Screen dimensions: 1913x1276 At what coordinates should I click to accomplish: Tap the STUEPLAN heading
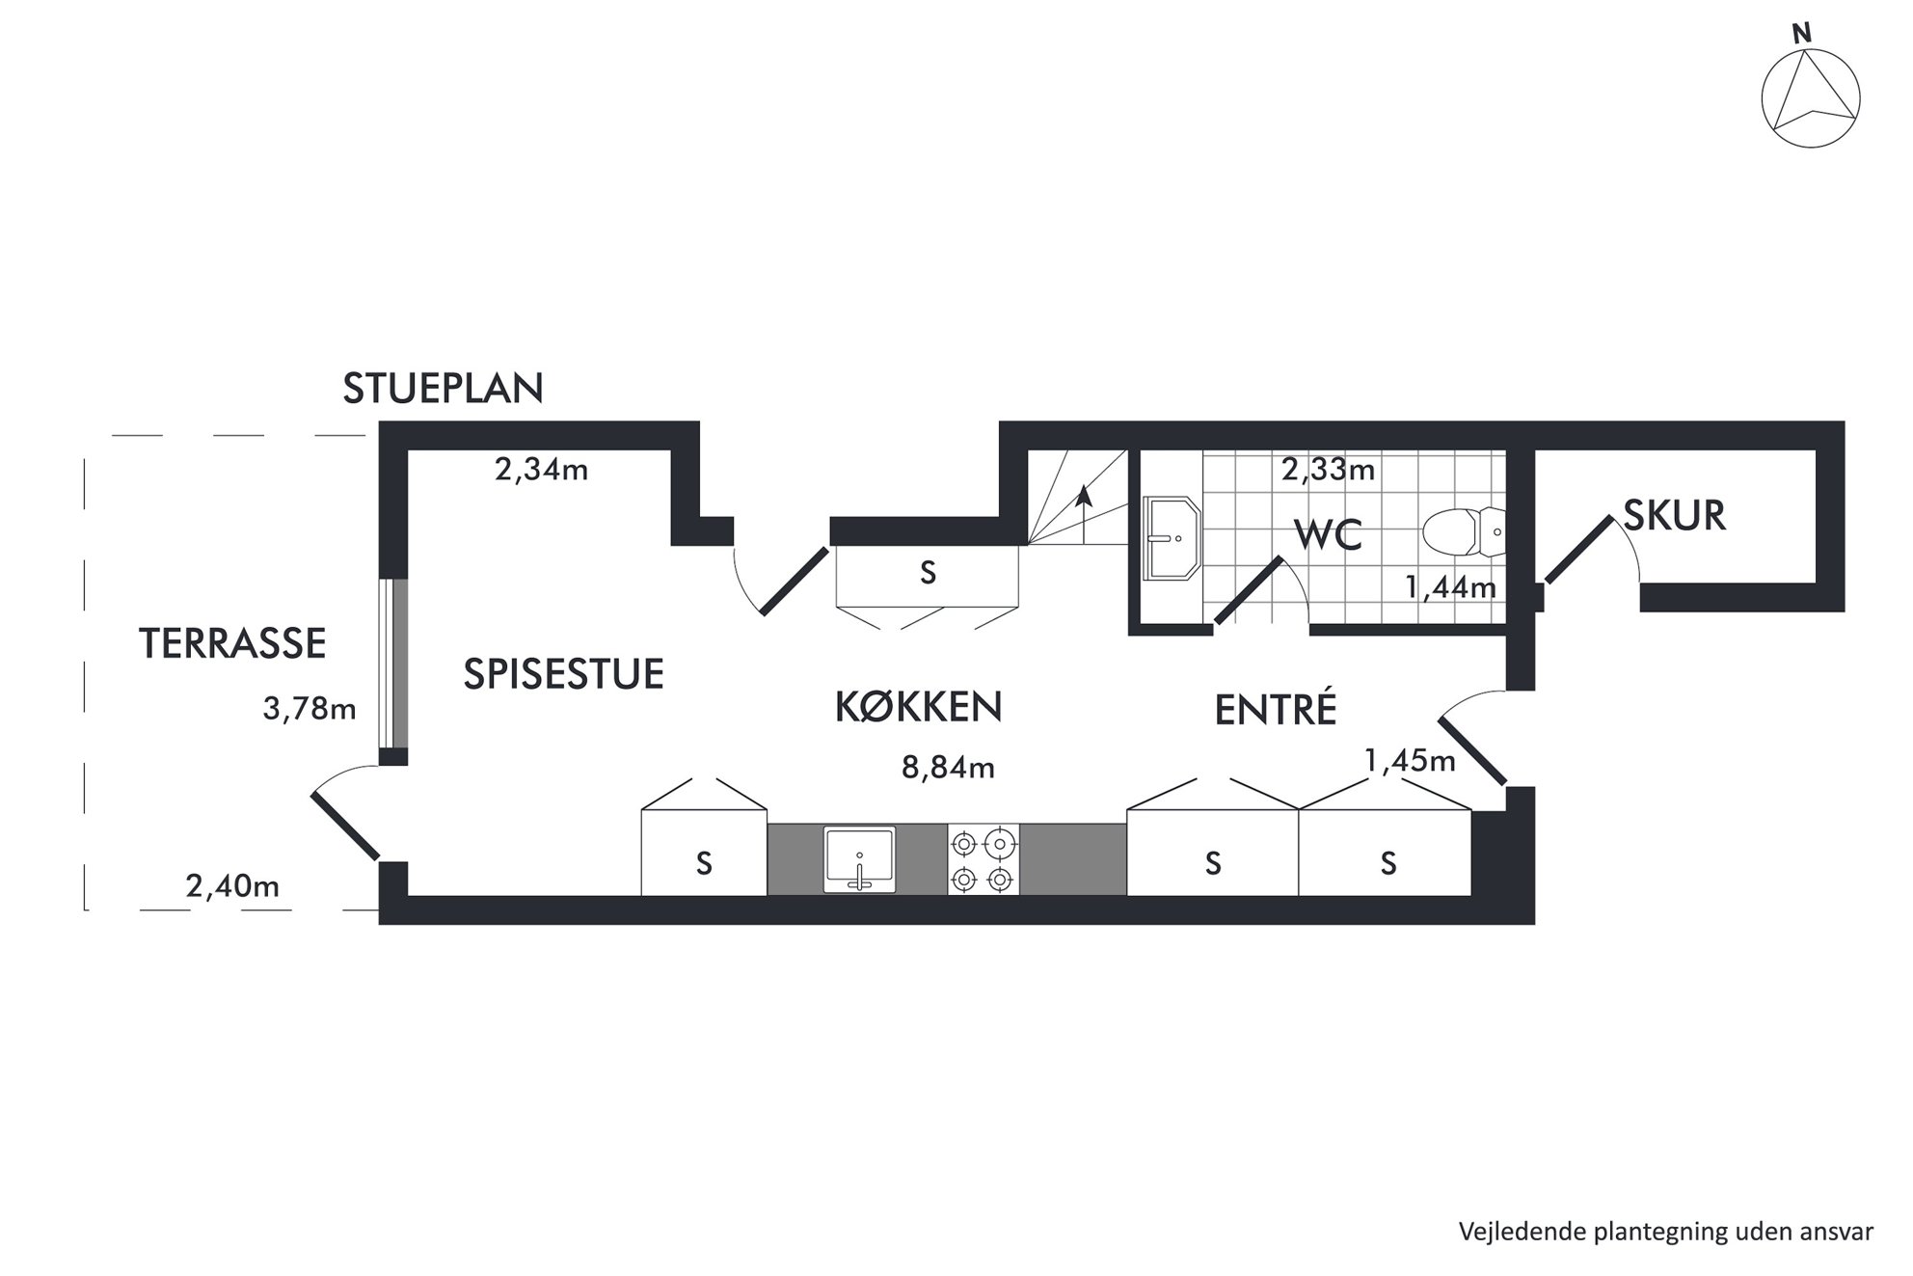tap(444, 388)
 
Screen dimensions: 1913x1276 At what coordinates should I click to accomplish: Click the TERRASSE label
tap(233, 643)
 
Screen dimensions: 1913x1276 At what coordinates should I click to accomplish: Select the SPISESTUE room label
tap(564, 673)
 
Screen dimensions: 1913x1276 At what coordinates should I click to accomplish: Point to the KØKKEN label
tap(919, 707)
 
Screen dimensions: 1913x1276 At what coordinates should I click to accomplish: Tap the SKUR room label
tap(1675, 516)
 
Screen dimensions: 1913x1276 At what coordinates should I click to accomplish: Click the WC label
tap(1328, 534)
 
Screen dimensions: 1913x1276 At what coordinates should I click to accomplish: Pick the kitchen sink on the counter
tap(859, 858)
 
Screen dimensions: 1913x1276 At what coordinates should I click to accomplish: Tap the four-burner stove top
tap(983, 859)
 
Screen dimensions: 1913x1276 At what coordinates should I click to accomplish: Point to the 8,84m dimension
tap(949, 768)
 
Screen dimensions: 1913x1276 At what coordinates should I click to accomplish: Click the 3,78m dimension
tap(310, 709)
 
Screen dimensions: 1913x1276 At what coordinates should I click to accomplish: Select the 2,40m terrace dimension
tap(232, 885)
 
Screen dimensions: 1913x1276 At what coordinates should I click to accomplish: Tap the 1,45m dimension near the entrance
tap(1410, 761)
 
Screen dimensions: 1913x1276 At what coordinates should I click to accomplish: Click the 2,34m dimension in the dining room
tap(541, 470)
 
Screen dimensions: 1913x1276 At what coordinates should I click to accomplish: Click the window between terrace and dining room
tap(392, 664)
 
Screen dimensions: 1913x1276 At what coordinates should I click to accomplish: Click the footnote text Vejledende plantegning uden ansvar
tap(1666, 1232)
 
